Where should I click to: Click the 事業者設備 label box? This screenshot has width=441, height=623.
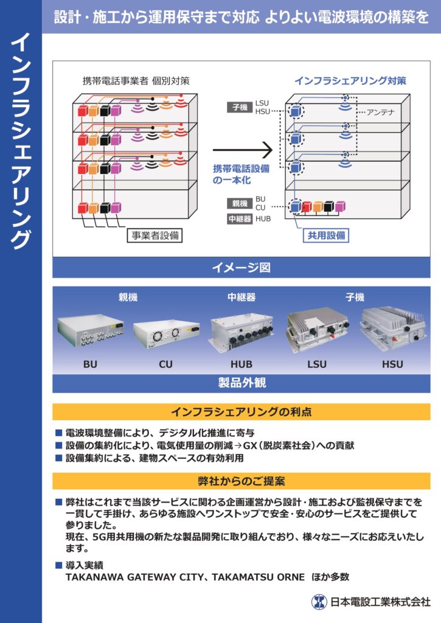[155, 235]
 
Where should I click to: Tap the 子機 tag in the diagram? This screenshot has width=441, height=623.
[239, 108]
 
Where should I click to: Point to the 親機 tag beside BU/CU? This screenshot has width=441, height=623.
[239, 203]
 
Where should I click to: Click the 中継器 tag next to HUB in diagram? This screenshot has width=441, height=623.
[239, 219]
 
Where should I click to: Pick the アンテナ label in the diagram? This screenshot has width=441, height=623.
[381, 113]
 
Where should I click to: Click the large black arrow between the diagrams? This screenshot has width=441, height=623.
[241, 148]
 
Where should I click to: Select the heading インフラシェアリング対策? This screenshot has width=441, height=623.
[350, 80]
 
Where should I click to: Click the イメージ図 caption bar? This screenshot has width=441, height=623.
[241, 268]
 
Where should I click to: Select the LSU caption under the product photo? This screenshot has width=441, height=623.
[316, 364]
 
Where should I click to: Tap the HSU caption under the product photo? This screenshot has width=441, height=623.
[392, 364]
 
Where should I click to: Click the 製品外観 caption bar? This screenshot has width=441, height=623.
[241, 383]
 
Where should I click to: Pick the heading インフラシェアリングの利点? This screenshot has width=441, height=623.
[241, 412]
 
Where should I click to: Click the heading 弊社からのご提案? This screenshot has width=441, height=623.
[241, 481]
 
